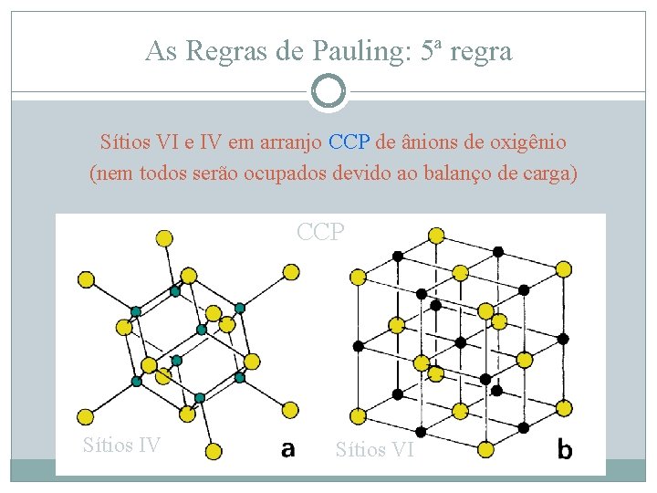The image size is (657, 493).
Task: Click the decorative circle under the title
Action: click(328, 91)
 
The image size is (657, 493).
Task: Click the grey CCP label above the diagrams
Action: click(321, 232)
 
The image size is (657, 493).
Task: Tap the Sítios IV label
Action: click(121, 446)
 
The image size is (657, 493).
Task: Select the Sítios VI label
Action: click(375, 449)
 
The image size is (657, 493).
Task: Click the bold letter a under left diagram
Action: click(287, 448)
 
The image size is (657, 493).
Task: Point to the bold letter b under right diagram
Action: click(565, 449)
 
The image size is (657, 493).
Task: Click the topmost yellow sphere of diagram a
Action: click(165, 238)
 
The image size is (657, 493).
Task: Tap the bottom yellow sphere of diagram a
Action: click(214, 450)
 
